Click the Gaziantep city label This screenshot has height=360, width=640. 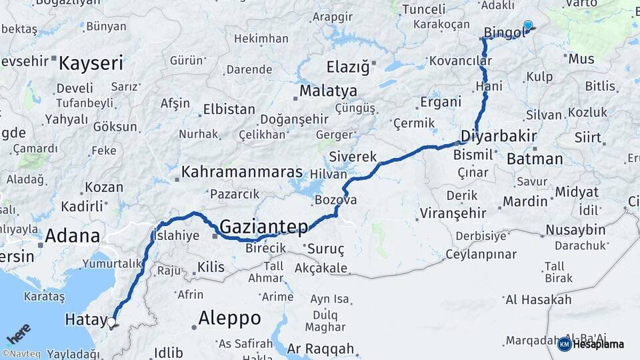(264, 227)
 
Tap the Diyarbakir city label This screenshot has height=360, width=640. (499, 137)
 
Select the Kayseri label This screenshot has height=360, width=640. (91, 64)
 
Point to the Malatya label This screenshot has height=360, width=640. (328, 91)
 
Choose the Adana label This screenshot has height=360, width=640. (73, 235)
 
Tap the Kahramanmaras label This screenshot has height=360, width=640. (242, 171)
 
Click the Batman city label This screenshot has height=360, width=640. (535, 159)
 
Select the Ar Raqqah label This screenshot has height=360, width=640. (320, 348)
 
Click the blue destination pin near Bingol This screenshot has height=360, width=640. (528, 25)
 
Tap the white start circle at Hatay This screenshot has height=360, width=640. (111, 322)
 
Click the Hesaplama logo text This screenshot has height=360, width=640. (599, 344)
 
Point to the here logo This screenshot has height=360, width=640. (19, 333)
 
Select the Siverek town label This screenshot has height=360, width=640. (353, 157)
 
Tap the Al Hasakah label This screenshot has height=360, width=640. (538, 299)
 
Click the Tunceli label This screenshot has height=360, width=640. (423, 9)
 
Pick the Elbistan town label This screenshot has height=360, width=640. (229, 109)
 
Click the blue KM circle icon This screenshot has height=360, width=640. (564, 344)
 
